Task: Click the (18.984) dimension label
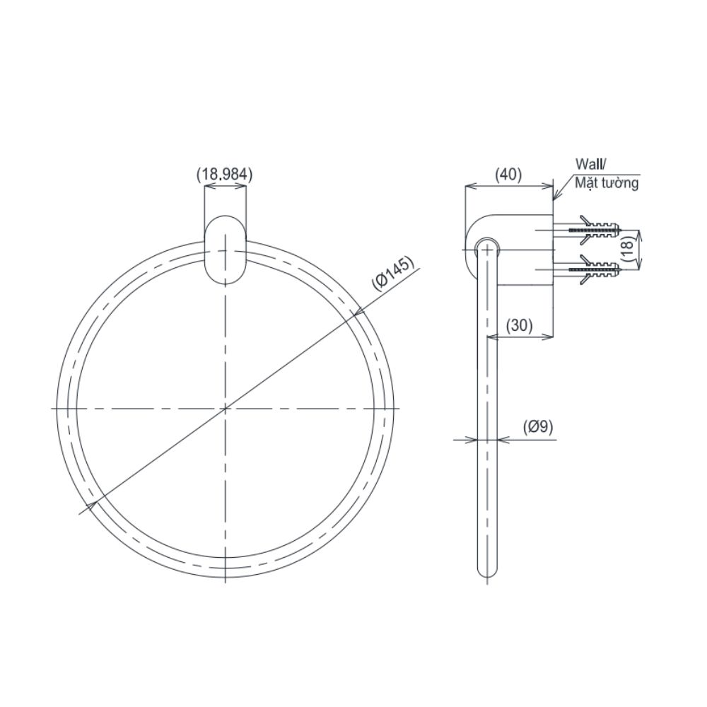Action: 225,174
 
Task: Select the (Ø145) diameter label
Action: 392,274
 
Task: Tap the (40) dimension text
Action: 508,174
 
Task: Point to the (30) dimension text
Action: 520,325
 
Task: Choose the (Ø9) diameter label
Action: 538,426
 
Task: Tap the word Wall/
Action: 590,164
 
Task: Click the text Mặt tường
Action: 607,183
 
